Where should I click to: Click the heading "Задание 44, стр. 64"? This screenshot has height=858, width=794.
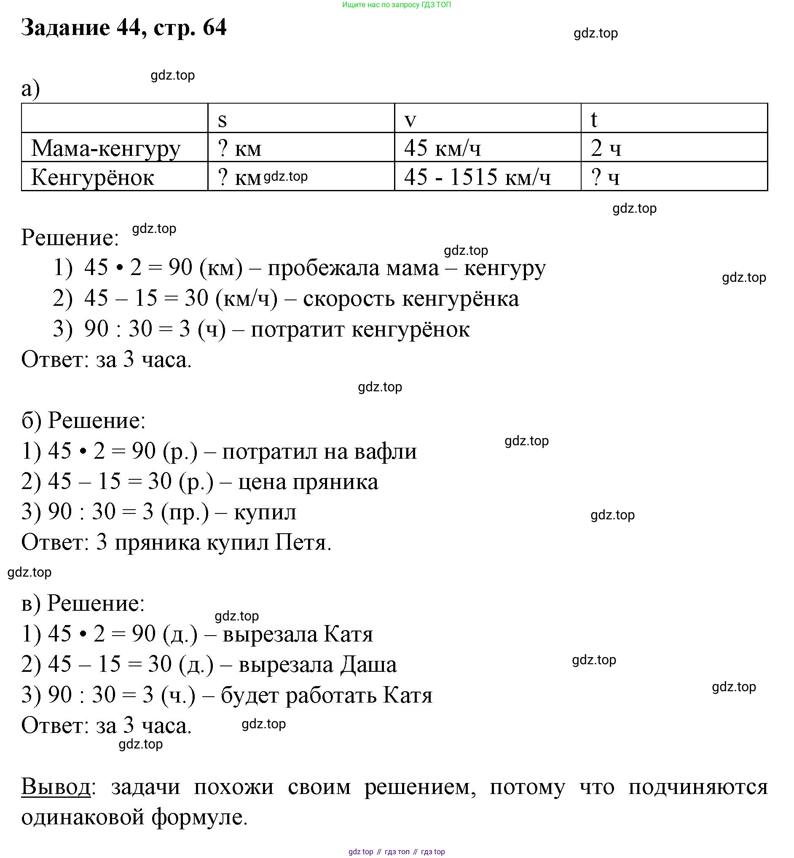[124, 27]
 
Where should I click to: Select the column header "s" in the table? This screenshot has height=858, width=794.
[222, 120]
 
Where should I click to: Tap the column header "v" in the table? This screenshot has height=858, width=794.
[410, 120]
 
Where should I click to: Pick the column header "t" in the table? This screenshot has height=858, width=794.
[594, 120]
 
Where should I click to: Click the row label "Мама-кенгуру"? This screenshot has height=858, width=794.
[106, 149]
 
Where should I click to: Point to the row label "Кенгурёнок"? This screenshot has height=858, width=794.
[92, 177]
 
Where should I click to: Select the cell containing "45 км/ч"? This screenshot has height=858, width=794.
[443, 149]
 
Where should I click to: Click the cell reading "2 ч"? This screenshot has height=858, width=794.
[606, 149]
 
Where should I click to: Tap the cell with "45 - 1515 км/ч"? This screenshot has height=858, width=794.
[477, 177]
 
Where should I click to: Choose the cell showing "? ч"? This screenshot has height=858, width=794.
[605, 177]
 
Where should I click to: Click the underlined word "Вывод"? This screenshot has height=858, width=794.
[56, 787]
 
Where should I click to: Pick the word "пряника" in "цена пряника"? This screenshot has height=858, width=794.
[335, 482]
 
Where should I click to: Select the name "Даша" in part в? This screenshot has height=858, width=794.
[368, 665]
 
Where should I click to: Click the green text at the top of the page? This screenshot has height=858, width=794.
[397, 5]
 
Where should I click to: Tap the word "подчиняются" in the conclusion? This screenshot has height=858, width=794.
[698, 787]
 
